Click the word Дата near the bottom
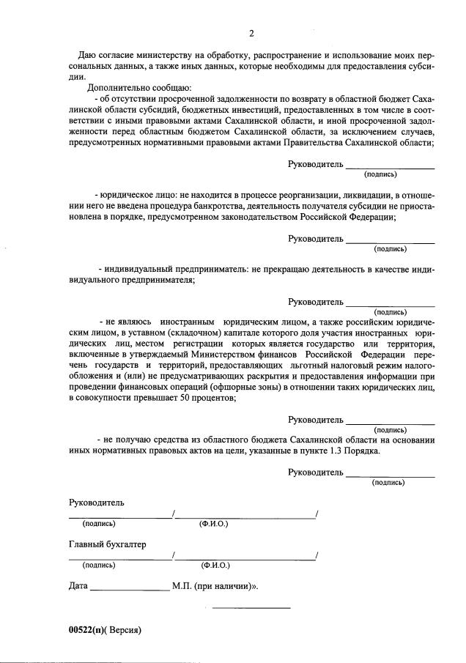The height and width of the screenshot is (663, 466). pos(78,586)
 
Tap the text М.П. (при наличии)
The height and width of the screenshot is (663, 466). pos(214,586)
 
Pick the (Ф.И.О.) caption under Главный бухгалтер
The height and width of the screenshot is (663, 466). pos(215,566)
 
